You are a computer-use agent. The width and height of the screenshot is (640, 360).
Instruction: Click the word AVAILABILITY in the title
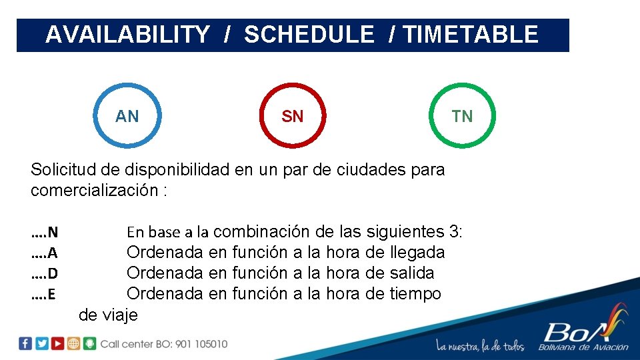click(x=127, y=35)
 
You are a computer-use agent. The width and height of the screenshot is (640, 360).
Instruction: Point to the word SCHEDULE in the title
click(x=309, y=35)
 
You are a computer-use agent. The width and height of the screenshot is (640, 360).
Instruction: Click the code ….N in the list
click(x=45, y=233)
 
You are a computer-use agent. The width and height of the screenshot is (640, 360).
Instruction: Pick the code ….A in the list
click(x=44, y=253)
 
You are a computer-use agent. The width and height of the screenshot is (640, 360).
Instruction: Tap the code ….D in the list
click(x=45, y=273)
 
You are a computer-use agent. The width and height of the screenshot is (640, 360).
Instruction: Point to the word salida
click(x=411, y=273)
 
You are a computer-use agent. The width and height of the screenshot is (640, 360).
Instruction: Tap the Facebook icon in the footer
click(x=25, y=343)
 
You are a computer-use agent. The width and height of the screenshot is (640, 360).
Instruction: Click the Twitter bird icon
click(x=41, y=343)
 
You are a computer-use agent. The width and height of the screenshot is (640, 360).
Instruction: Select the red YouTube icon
click(x=57, y=343)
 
